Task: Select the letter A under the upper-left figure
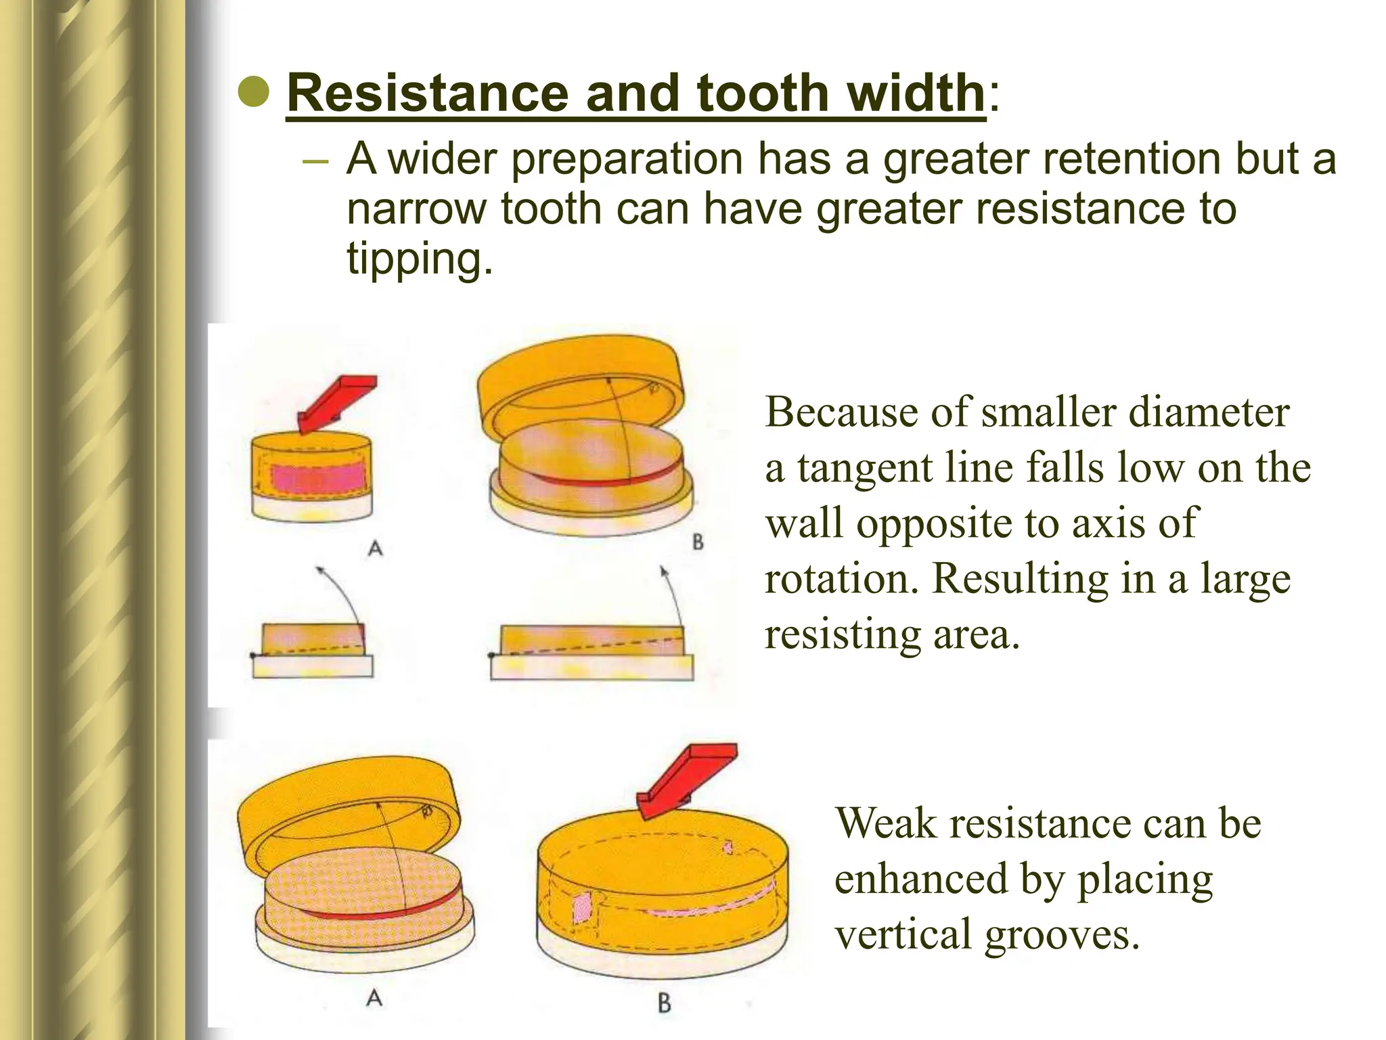point(375,548)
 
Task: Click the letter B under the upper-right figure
point(698,542)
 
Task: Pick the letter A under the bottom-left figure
point(374,997)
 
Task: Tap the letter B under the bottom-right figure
point(664,1003)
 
